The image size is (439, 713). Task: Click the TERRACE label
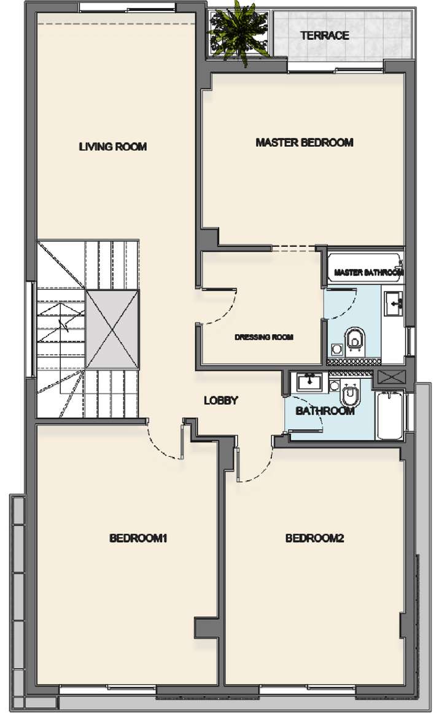325,36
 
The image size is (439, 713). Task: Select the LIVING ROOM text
113,147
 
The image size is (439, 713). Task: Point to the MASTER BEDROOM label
305,142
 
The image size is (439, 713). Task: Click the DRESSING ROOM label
263,337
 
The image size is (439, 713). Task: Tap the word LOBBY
220,400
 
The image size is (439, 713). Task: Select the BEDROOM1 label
139,539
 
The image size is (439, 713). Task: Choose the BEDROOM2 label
314,539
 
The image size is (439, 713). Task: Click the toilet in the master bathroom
354,339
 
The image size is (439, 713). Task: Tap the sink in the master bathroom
392,303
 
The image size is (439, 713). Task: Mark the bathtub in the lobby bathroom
389,415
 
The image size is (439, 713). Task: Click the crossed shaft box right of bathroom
389,376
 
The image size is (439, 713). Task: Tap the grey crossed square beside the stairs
112,329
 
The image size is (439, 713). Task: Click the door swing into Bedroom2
255,461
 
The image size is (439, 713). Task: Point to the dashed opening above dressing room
293,248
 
